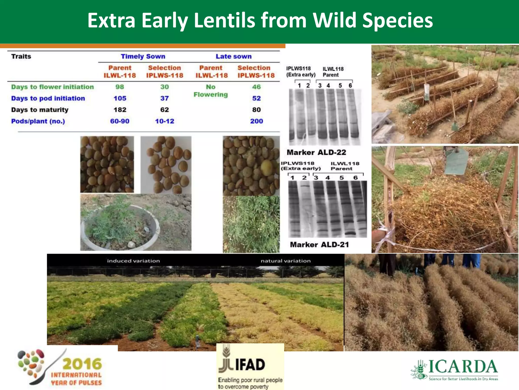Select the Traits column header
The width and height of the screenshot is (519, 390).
(x=21, y=56)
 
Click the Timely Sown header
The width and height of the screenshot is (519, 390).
(x=143, y=56)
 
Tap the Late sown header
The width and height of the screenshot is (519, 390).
(x=233, y=56)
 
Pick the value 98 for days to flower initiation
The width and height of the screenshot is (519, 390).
(x=120, y=87)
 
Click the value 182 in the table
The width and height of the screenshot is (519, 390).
(x=120, y=110)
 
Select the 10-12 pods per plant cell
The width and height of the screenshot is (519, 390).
(x=164, y=121)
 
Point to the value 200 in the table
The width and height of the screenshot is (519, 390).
(x=256, y=121)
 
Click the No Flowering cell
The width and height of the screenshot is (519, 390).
(x=211, y=91)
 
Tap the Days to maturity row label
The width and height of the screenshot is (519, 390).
(x=40, y=110)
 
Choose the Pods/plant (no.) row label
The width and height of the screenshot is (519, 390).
(x=38, y=121)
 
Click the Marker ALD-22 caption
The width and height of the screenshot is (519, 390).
(x=316, y=152)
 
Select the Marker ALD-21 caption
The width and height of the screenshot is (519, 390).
(x=319, y=245)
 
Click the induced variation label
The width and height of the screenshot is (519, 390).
(x=133, y=261)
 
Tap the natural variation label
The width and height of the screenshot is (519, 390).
(x=286, y=261)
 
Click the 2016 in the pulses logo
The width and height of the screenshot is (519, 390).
(x=82, y=364)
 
